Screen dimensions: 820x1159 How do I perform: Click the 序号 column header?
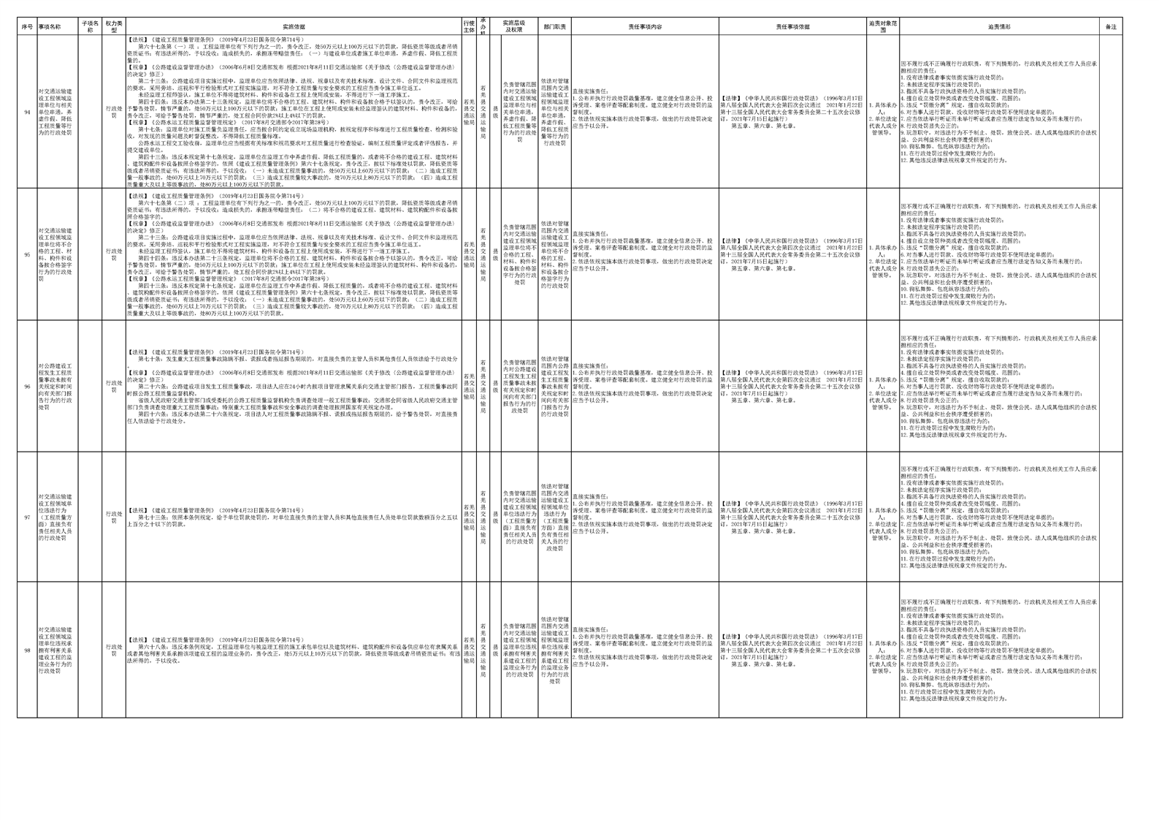(27, 26)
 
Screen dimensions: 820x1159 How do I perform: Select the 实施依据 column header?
(294, 26)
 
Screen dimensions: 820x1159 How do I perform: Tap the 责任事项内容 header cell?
(645, 26)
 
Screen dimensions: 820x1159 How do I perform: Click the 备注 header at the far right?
(1110, 26)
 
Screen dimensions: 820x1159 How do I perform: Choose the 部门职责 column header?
(554, 26)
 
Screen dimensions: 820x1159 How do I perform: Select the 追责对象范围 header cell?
(883, 26)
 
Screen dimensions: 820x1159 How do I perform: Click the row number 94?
(27, 112)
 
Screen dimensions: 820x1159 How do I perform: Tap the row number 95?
(27, 255)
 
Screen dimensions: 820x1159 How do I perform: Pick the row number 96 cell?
(27, 386)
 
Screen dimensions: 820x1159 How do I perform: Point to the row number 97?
(27, 517)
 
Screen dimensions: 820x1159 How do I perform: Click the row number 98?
(27, 650)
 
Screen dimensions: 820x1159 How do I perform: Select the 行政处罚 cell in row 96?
(114, 386)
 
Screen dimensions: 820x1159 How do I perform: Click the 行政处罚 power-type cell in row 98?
(114, 650)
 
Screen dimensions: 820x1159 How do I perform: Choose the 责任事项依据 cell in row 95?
(792, 254)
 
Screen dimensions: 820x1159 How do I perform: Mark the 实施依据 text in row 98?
(294, 650)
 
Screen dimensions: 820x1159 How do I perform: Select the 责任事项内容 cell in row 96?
(645, 386)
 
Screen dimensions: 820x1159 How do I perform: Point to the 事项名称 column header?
(50, 26)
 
